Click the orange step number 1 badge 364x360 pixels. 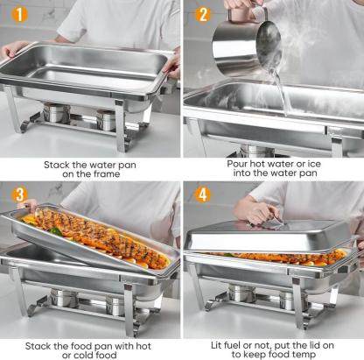pos(19,14)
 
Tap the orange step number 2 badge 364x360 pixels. pos(203,14)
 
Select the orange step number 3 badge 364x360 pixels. pos(19,195)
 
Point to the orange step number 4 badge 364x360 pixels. pos(203,194)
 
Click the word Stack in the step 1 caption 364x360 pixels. pos(57,165)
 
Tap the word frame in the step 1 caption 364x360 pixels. pos(107,174)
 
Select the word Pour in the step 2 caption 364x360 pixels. pos(237,164)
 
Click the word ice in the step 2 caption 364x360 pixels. pos(313,164)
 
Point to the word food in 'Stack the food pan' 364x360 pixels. pos(80,346)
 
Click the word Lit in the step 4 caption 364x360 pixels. pos(216,345)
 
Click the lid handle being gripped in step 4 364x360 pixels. pos(273,224)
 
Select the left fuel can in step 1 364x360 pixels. pos(56,112)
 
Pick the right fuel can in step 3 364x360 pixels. pos(115,306)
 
